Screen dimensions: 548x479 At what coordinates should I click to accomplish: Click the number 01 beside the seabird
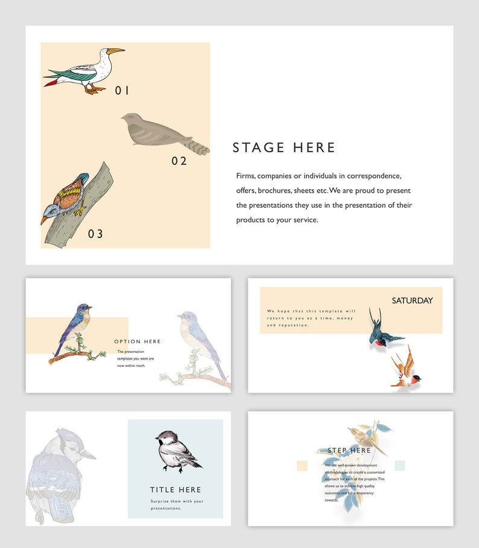(122, 91)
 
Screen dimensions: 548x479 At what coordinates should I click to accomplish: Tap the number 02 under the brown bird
(179, 161)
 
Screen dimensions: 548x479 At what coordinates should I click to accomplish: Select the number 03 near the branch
(95, 234)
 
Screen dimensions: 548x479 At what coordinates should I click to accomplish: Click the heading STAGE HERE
(284, 147)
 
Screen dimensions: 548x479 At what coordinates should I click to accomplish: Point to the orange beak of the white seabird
(115, 51)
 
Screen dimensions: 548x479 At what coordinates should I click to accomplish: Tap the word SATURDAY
(412, 300)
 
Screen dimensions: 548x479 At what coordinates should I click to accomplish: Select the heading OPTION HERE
(138, 341)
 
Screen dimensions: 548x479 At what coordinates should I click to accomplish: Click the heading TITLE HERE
(176, 489)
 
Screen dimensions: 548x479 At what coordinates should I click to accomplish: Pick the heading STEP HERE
(349, 450)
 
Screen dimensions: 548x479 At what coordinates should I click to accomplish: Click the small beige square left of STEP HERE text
(302, 465)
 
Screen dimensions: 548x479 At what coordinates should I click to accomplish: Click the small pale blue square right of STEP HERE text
(399, 465)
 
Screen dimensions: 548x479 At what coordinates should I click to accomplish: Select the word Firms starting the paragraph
(246, 176)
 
